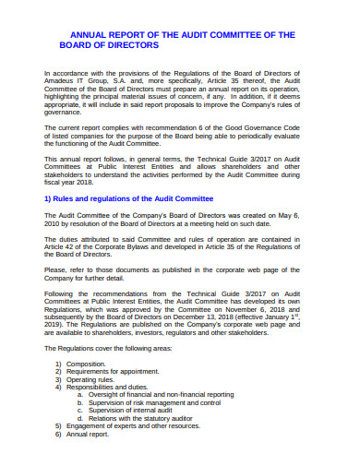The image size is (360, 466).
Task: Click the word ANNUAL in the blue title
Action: point(80,34)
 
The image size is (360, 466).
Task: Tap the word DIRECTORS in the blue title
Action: point(129,44)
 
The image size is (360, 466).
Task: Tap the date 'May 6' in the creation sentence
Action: point(303,214)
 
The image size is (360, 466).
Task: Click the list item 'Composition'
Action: point(90,364)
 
